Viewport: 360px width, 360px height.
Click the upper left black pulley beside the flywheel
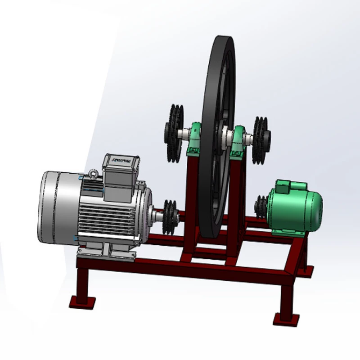(x=173, y=134)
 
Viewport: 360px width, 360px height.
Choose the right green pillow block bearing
(x=238, y=143)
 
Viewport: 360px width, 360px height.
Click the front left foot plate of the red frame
(x=82, y=301)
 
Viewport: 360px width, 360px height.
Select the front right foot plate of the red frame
(x=286, y=319)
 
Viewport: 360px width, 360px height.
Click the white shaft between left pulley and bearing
(x=184, y=134)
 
